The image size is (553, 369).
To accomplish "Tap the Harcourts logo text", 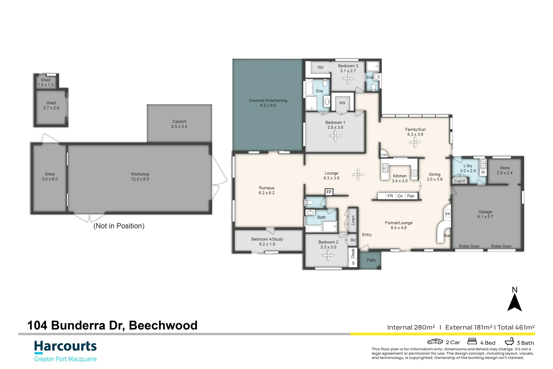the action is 66,346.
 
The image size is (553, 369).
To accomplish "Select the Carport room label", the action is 179,124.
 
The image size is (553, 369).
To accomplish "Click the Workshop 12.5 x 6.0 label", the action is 140,176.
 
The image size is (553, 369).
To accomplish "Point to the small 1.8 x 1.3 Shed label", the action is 46,82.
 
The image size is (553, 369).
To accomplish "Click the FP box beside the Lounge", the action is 329,192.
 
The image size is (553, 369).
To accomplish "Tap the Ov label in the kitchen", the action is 400,196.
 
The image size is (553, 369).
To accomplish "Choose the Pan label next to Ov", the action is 411,196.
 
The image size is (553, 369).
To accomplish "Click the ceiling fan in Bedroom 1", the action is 335,136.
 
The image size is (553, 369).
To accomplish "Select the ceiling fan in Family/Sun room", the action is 415,142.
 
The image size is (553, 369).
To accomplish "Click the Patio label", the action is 371,260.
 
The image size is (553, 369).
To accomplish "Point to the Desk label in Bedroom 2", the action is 353,253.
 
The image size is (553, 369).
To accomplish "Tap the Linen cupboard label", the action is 353,220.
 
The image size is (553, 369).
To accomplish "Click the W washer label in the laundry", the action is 483,172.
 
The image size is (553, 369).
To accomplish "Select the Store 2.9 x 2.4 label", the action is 505,170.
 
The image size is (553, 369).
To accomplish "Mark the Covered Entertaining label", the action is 268,103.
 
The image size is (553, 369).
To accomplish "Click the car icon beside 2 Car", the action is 435,342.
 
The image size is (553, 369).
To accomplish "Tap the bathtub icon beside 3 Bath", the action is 509,341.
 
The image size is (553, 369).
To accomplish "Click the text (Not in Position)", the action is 119,226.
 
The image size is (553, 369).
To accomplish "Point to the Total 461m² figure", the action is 516,327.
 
